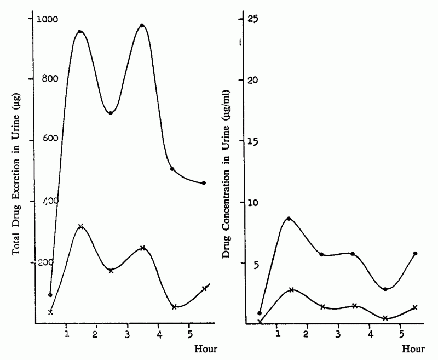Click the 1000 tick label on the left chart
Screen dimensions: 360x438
(48, 19)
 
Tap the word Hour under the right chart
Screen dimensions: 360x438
(413, 348)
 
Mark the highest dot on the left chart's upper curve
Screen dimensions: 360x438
(142, 26)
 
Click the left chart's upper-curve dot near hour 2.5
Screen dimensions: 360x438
(111, 113)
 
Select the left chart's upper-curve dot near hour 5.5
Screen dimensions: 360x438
(204, 183)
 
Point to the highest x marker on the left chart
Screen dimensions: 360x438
(80, 226)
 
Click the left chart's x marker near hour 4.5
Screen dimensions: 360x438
(174, 307)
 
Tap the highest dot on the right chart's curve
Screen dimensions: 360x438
(289, 219)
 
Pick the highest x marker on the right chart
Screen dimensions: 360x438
(292, 290)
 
